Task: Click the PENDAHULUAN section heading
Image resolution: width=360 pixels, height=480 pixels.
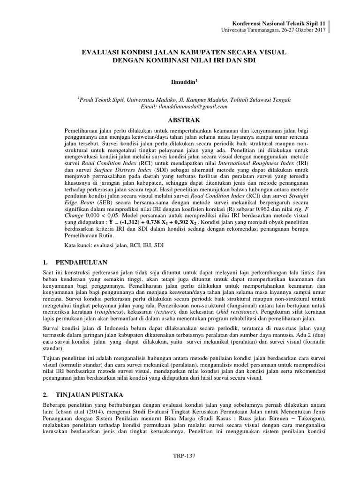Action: [82, 262]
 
